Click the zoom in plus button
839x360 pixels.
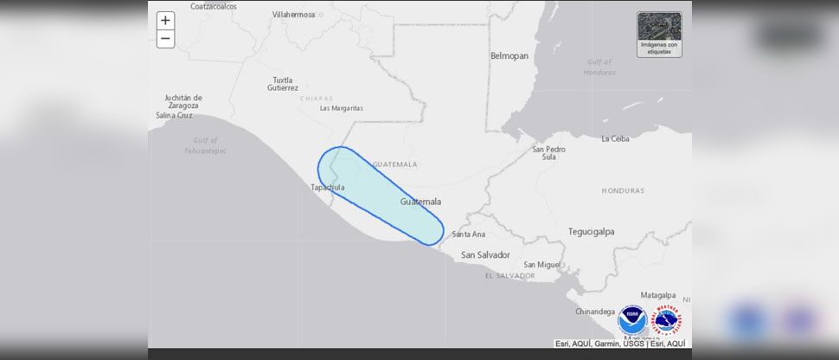click(x=165, y=21)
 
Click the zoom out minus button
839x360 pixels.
click(x=165, y=39)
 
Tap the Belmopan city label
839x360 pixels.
click(x=509, y=55)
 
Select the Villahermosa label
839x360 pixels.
click(x=294, y=15)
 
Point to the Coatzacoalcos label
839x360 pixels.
click(x=214, y=6)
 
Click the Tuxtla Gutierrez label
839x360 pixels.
click(x=283, y=84)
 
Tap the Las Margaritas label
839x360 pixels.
click(x=341, y=108)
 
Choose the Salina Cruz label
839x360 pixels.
click(x=174, y=115)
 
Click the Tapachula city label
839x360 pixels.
click(x=328, y=187)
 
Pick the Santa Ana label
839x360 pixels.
click(x=468, y=234)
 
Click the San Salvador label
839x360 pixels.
click(x=485, y=254)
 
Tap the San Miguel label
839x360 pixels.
click(x=537, y=264)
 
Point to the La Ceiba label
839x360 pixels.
click(x=615, y=138)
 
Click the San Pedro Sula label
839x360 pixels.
click(x=549, y=153)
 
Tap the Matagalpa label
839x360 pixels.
click(x=657, y=295)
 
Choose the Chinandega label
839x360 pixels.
click(x=595, y=312)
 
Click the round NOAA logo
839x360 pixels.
click(x=631, y=320)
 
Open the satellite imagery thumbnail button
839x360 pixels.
click(x=659, y=35)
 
